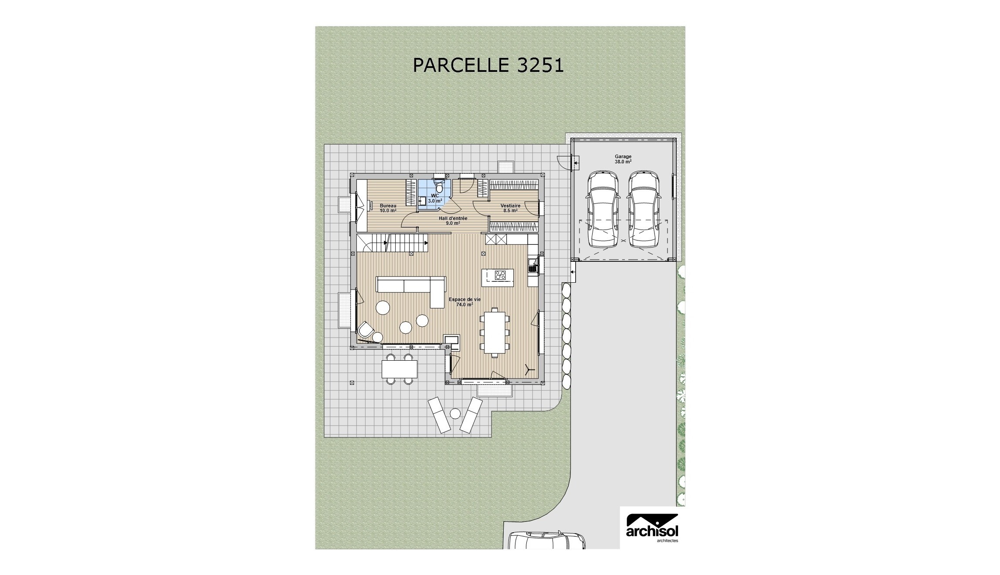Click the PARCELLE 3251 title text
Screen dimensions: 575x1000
tap(488, 65)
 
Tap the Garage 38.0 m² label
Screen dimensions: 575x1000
tap(623, 159)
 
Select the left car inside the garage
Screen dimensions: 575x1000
tap(602, 209)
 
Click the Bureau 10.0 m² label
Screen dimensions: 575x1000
tap(388, 208)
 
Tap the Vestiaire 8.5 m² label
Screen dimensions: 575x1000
tap(510, 208)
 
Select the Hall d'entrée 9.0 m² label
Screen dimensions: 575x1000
tap(453, 220)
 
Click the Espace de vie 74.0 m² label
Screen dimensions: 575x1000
tap(464, 302)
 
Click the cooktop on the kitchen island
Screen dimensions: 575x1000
tap(500, 275)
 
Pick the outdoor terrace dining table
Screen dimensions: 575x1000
tap(400, 369)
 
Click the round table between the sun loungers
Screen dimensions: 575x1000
tap(455, 413)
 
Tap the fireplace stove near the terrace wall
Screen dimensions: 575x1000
tap(451, 342)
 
